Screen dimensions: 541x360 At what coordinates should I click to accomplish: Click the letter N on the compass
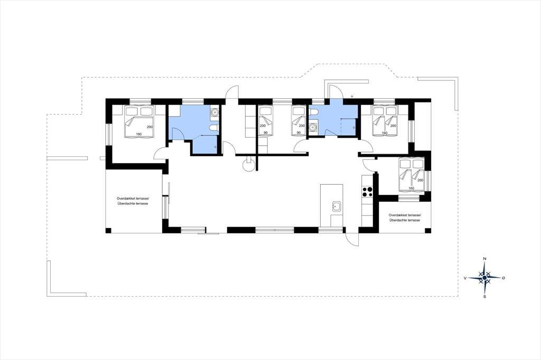[484, 259]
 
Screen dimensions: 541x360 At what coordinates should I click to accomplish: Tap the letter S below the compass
[484, 296]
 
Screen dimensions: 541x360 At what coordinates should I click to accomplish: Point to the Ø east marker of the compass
[503, 278]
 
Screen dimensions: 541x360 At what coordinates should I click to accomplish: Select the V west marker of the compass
[465, 278]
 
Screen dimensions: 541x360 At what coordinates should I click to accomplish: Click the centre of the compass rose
[484, 277]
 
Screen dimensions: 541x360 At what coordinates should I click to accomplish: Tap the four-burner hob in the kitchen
[367, 192]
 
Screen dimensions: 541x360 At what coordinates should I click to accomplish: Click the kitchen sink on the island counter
[337, 207]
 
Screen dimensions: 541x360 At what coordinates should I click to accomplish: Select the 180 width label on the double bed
[139, 134]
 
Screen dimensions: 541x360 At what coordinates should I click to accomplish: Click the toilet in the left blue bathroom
[213, 128]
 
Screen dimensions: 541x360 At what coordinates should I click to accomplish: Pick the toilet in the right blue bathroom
[313, 112]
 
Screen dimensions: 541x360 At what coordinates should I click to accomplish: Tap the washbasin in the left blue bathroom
[214, 111]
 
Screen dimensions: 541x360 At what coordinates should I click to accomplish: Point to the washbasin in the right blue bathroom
[313, 127]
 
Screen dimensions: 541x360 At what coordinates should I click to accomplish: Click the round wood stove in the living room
[249, 165]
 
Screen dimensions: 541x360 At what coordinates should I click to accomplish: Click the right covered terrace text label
[405, 217]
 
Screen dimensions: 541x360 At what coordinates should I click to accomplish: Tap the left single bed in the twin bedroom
[266, 121]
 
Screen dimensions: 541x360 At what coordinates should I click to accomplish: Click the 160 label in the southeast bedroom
[411, 188]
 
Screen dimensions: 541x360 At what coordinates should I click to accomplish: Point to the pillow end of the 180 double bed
[139, 111]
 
